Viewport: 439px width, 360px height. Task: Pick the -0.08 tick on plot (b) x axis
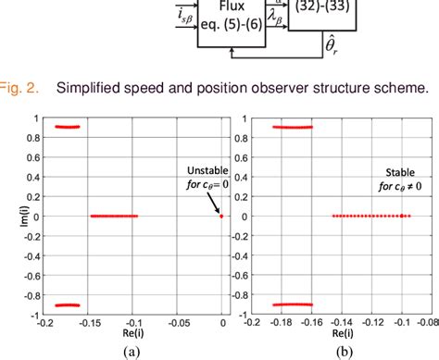(427, 321)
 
